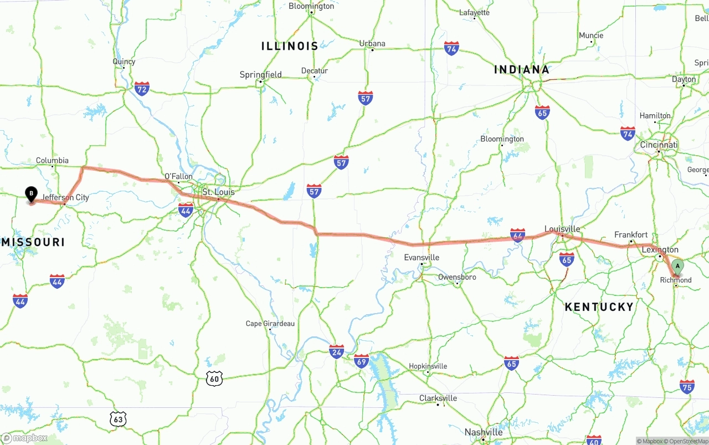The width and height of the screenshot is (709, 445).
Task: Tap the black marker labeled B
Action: pyautogui.click(x=32, y=195)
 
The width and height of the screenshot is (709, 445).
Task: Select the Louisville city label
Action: pyautogui.click(x=562, y=229)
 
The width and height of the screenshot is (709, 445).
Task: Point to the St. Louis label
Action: pyautogui.click(x=218, y=192)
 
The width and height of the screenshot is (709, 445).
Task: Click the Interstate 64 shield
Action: pyautogui.click(x=517, y=235)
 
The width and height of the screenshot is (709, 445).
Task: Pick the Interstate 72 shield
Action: pyautogui.click(x=142, y=88)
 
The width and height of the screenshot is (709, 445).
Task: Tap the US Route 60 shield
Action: pyautogui.click(x=215, y=378)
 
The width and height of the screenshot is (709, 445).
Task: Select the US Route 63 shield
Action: pyautogui.click(x=117, y=419)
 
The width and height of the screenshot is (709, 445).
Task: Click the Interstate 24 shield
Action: pyautogui.click(x=336, y=351)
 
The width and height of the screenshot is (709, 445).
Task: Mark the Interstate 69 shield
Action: pyautogui.click(x=361, y=361)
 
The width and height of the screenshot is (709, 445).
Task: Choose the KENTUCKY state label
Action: pyautogui.click(x=599, y=307)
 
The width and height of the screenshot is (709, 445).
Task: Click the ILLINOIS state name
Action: pyautogui.click(x=290, y=46)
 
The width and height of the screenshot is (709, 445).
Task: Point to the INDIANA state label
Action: pyautogui.click(x=521, y=70)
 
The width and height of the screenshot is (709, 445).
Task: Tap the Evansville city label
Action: pyautogui.click(x=422, y=257)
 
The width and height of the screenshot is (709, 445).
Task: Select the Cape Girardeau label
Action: pyautogui.click(x=270, y=324)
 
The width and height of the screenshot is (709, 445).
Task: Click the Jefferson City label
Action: pyautogui.click(x=65, y=197)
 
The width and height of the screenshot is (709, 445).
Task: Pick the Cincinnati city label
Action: pyautogui.click(x=659, y=145)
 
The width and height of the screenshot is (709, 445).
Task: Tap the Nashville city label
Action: pyautogui.click(x=484, y=432)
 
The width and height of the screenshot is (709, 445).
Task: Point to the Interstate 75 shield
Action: pyautogui.click(x=687, y=386)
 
